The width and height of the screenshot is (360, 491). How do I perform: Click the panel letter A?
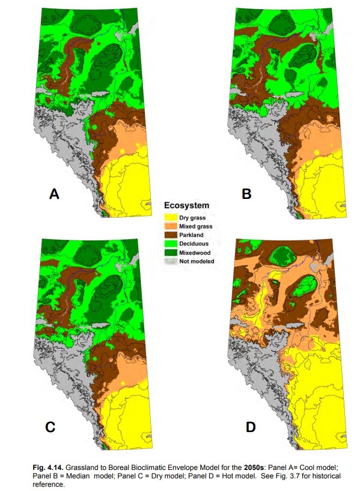[x=54, y=194]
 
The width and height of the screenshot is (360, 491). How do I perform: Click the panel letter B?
[x=246, y=194]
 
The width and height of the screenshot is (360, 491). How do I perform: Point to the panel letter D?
[x=250, y=427]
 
